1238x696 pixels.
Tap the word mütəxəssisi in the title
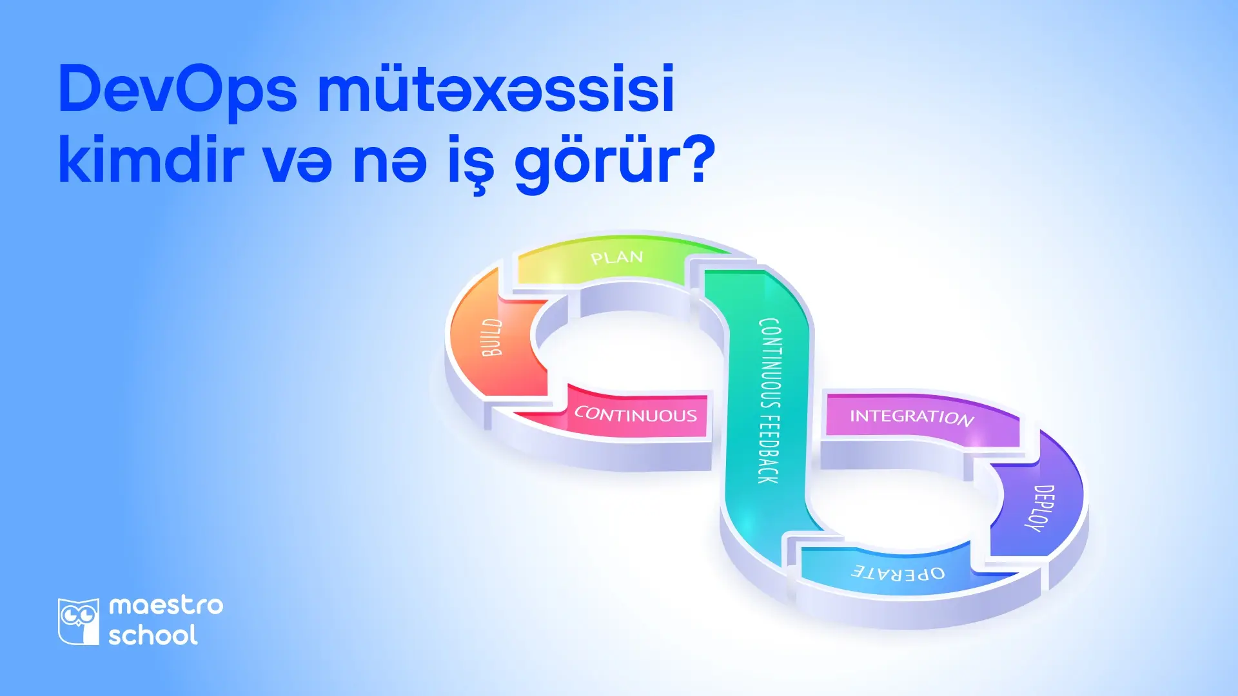[x=495, y=89]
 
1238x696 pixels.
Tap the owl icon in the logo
[x=79, y=621]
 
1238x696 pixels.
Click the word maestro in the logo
[x=166, y=606]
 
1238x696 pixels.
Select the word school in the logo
[x=153, y=635]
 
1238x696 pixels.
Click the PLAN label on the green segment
[x=617, y=258]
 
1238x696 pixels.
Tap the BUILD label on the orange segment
[x=493, y=337]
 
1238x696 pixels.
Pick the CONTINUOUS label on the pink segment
[x=636, y=414]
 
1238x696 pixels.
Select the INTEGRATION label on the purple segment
[x=911, y=417]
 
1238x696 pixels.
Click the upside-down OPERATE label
[x=899, y=572]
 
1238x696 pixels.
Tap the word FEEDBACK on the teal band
[x=769, y=449]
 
